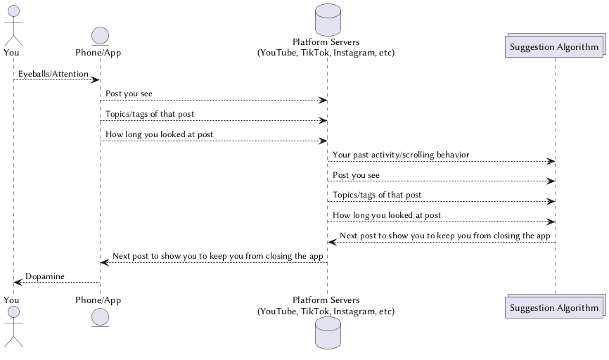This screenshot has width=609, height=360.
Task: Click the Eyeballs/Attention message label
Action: pyautogui.click(x=53, y=74)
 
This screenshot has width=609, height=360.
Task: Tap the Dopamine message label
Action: pyautogui.click(x=45, y=276)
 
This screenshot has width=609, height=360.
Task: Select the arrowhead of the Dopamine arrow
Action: pyautogui.click(x=18, y=283)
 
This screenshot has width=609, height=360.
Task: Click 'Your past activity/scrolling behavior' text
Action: pyautogui.click(x=401, y=155)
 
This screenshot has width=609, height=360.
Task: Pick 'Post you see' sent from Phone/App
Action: pyautogui.click(x=129, y=94)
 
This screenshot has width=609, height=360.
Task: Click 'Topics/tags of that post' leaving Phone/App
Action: pyautogui.click(x=150, y=114)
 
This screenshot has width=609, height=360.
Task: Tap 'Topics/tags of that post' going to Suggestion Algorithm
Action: pyautogui.click(x=377, y=195)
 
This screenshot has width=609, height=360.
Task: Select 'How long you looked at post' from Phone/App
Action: pyautogui.click(x=160, y=134)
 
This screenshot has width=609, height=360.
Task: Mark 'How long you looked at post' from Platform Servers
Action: pyautogui.click(x=387, y=215)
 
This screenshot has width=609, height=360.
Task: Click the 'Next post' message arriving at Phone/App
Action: pyautogui.click(x=217, y=256)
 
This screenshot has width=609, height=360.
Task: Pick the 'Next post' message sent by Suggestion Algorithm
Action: pyautogui.click(x=444, y=236)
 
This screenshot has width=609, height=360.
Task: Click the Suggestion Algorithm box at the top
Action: pyautogui.click(x=554, y=47)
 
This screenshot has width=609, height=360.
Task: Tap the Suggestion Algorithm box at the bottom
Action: pyautogui.click(x=554, y=307)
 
